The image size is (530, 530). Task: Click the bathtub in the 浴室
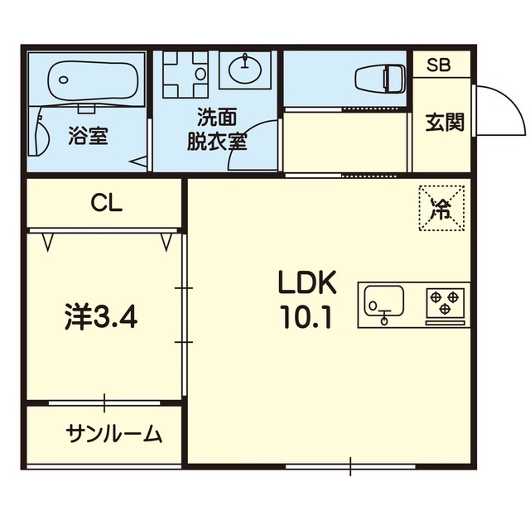click(x=93, y=80)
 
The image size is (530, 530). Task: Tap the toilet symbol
click(x=380, y=79)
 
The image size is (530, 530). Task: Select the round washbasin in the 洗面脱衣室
click(x=245, y=70)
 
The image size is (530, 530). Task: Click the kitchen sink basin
click(x=383, y=301)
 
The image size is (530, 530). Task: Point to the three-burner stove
click(x=446, y=302)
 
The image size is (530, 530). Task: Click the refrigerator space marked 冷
click(x=441, y=208)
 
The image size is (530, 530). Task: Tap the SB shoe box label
click(x=438, y=65)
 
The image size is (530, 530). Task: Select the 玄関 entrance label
click(x=445, y=122)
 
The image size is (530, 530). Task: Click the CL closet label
click(x=106, y=203)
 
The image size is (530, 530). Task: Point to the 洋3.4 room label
click(x=101, y=316)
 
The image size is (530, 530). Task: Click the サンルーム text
click(x=114, y=434)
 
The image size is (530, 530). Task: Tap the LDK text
click(x=307, y=282)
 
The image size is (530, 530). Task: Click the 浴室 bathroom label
click(x=89, y=135)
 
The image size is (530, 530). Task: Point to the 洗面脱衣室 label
click(x=217, y=129)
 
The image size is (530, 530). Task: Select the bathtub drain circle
click(x=63, y=80)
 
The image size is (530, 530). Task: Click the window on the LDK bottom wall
click(x=350, y=466)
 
